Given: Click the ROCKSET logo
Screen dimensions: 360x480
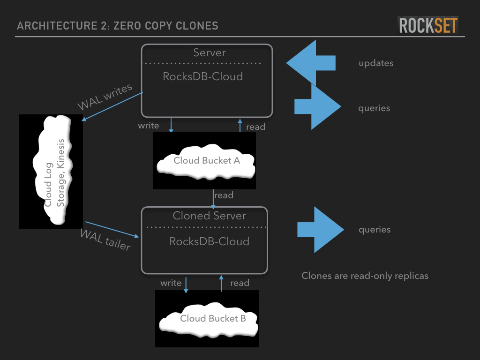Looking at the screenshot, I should click(x=428, y=25).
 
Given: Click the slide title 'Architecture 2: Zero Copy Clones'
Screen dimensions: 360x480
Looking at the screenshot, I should click(x=117, y=25).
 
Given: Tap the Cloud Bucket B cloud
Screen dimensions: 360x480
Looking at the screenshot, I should click(x=209, y=319).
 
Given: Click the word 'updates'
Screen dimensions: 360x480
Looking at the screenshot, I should click(x=376, y=63).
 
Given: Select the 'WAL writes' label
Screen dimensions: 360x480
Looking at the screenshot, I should click(x=105, y=97).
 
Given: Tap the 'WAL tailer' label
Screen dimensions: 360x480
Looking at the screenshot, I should click(x=105, y=240).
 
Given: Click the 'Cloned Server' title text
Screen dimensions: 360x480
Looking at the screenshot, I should click(x=209, y=216).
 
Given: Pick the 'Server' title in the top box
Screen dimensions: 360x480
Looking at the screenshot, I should click(x=210, y=52).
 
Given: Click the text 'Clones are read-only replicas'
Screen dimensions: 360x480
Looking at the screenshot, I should click(x=365, y=276).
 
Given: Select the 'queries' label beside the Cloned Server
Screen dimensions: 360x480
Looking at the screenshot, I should click(x=375, y=230).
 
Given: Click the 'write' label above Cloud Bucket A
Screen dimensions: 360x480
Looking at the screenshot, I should click(x=148, y=125).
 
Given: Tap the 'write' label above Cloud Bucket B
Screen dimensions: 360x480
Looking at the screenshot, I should click(x=171, y=283).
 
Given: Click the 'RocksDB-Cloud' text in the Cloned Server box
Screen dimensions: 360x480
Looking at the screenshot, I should click(x=209, y=241).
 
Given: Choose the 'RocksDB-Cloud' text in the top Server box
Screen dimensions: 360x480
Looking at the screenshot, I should click(x=202, y=76).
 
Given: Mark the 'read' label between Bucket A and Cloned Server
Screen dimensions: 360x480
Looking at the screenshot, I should click(x=224, y=195).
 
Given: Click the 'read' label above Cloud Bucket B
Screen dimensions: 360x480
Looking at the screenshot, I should click(x=240, y=283).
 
